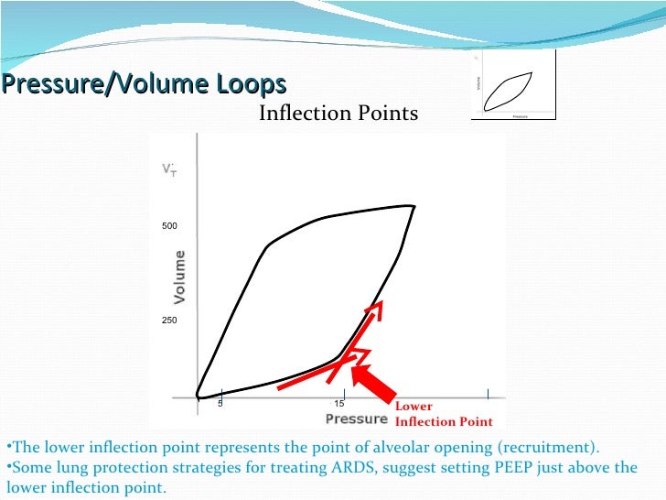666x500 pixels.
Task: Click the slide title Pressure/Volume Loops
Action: click(x=144, y=85)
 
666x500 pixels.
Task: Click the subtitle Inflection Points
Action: click(x=338, y=114)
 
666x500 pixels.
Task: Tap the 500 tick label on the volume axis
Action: click(x=170, y=225)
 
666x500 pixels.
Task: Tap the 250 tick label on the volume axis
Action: click(x=170, y=321)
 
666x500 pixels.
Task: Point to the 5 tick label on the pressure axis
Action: click(x=220, y=404)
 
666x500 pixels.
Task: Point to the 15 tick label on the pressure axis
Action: click(x=338, y=404)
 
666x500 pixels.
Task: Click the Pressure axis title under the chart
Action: click(x=357, y=419)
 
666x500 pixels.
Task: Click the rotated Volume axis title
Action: click(x=180, y=277)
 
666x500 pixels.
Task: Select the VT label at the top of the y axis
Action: click(x=169, y=171)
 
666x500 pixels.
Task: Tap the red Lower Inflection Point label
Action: click(x=443, y=414)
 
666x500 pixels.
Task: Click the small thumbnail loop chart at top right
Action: click(x=513, y=88)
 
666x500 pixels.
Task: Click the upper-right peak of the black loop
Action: click(x=414, y=206)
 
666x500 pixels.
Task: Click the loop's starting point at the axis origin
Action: click(x=199, y=396)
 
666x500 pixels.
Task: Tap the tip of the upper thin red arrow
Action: click(x=381, y=302)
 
